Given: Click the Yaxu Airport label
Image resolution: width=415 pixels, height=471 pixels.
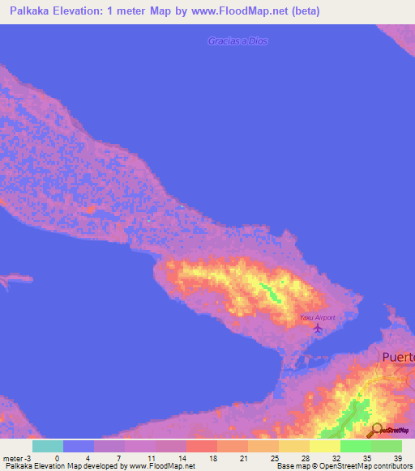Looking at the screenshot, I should tap(317, 317).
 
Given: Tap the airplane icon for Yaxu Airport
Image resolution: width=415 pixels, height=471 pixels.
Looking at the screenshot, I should tap(317, 329).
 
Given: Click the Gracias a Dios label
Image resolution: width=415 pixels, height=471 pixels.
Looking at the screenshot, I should tap(237, 40).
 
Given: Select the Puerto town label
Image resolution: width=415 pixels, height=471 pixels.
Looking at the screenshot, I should tap(398, 357).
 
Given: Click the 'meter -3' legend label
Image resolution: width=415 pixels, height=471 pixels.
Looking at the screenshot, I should tap(15, 457).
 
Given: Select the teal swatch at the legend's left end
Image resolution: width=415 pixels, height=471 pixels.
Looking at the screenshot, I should tap(47, 446).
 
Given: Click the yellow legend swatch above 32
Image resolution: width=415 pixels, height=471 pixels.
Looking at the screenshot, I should tap(324, 446).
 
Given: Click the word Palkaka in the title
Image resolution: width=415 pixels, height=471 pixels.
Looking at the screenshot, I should tap(33, 11).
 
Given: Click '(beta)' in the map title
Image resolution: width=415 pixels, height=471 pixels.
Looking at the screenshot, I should tap(303, 11).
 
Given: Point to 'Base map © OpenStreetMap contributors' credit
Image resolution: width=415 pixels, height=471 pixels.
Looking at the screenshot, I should tap(344, 466).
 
